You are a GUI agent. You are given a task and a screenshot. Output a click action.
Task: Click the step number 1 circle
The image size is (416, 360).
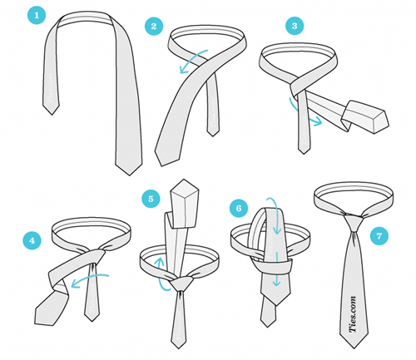tap(37, 15)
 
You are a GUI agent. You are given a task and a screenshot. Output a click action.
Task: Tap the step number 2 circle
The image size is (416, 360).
tap(154, 27)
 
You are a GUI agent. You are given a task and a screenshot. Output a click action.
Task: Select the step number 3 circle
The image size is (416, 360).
tap(295, 26)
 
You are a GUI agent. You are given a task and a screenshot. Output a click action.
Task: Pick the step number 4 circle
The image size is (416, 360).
tap(32, 240)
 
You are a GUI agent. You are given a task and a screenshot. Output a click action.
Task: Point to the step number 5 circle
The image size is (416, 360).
tap(151, 199)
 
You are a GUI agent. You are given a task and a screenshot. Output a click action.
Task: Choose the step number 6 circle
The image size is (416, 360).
tap(239, 208)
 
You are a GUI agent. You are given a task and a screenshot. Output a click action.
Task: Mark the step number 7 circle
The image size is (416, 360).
tap(379, 236)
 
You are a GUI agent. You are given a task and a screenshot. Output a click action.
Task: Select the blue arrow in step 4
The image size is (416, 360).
tap(90, 278)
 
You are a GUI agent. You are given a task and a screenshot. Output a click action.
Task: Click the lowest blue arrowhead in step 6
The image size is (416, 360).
tap(276, 283)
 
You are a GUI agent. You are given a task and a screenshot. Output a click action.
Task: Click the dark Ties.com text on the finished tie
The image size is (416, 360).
tap(353, 314)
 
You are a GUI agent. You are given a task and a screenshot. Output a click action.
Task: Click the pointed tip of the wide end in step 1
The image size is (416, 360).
tap(129, 175)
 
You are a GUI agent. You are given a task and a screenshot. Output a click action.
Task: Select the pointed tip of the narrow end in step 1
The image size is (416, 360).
tap(52, 115)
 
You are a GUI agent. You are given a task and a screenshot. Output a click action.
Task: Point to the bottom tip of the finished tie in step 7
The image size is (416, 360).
tap(354, 348)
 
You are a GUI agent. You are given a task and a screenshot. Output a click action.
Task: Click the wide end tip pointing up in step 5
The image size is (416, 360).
tap(184, 180)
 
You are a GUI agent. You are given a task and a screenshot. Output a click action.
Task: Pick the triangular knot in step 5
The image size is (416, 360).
tap(181, 284)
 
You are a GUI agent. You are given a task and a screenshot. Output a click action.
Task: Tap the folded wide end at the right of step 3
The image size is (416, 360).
tap(365, 116)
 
